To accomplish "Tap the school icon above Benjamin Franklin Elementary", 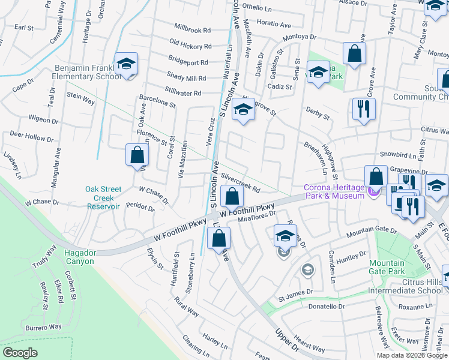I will pyautogui.click(x=127, y=64).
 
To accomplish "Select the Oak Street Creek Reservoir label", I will pyautogui.click(x=99, y=197).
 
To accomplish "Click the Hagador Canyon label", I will pyautogui.click(x=80, y=257).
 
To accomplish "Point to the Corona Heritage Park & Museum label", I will pyautogui.click(x=334, y=191).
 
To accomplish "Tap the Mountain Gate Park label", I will pyautogui.click(x=387, y=267).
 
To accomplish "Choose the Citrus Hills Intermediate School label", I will pyautogui.click(x=405, y=290).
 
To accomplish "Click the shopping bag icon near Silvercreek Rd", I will pyautogui.click(x=232, y=196).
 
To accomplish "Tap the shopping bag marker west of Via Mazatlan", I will pyautogui.click(x=137, y=155).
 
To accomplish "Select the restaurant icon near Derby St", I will pyautogui.click(x=363, y=109).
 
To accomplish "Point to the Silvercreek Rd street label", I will pyautogui.click(x=240, y=183).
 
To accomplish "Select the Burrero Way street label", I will pyautogui.click(x=43, y=328).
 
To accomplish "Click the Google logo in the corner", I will pyautogui.click(x=20, y=353).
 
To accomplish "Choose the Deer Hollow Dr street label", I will pyautogui.click(x=31, y=137).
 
